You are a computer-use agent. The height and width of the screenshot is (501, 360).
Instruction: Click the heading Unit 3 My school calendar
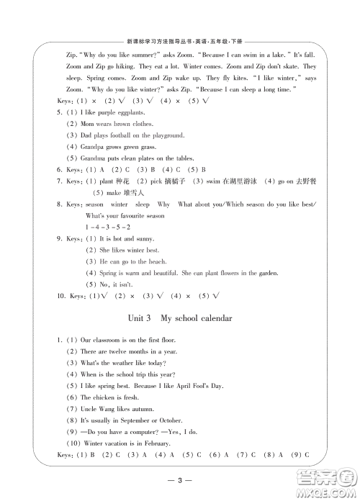[180, 317]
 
